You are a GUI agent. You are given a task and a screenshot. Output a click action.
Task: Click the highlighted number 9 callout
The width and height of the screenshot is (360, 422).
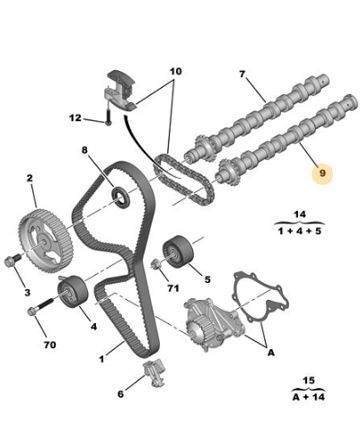click(322, 173)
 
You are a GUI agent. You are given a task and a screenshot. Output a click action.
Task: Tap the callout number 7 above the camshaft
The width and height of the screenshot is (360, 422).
click(242, 74)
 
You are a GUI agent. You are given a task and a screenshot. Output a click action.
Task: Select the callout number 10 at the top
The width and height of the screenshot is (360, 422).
click(176, 71)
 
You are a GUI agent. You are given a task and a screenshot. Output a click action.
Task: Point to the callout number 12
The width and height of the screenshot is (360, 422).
click(75, 118)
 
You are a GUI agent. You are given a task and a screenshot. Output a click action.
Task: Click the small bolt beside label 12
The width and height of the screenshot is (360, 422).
click(108, 117)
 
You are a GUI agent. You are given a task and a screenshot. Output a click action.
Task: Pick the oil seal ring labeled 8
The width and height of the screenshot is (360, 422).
click(120, 197)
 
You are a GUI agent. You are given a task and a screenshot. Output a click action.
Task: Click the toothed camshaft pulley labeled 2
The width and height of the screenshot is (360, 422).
click(46, 241)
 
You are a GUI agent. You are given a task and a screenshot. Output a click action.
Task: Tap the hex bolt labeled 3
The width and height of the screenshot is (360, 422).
click(13, 259)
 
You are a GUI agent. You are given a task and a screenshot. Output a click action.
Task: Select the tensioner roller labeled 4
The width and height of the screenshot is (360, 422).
click(73, 291)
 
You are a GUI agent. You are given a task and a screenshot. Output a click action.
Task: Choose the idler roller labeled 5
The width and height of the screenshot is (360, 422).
click(178, 252)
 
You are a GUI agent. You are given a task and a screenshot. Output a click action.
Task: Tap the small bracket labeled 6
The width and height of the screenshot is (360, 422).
click(155, 372)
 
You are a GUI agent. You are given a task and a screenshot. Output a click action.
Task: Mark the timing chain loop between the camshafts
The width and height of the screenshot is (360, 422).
click(184, 179)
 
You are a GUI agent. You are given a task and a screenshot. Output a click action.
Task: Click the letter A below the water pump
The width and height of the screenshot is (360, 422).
click(270, 353)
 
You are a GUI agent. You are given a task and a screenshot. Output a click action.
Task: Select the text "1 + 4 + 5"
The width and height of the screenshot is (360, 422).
click(299, 231)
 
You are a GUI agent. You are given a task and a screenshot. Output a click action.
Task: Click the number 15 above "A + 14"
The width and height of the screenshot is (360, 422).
click(309, 381)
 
